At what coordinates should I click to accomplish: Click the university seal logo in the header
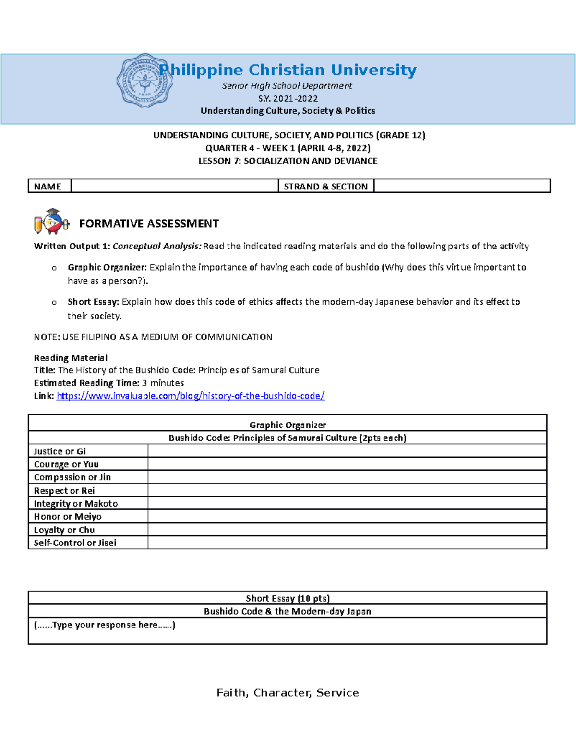click(144, 81)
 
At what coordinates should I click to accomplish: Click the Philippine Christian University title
click(288, 70)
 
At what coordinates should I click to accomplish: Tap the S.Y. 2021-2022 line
click(288, 98)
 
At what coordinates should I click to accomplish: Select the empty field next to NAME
click(174, 186)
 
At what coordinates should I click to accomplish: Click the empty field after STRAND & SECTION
click(461, 186)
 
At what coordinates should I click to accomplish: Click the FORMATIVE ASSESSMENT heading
click(149, 224)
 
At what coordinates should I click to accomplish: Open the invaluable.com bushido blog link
click(191, 396)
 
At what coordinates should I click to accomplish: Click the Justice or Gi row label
click(60, 451)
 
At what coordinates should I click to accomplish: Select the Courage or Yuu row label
click(66, 464)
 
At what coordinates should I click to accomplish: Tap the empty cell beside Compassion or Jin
click(347, 477)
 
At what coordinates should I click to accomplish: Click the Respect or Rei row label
click(64, 490)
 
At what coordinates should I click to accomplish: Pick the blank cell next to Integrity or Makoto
click(347, 503)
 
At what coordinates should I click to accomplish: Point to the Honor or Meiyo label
click(68, 516)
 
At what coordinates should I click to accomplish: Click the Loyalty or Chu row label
click(64, 530)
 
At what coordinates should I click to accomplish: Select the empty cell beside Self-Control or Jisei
click(347, 543)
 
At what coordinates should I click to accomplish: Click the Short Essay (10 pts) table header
click(288, 598)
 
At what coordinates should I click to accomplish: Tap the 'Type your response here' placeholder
click(105, 625)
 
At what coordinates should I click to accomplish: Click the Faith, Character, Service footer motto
click(288, 692)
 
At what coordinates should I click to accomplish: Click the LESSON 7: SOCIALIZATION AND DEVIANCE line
click(288, 161)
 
